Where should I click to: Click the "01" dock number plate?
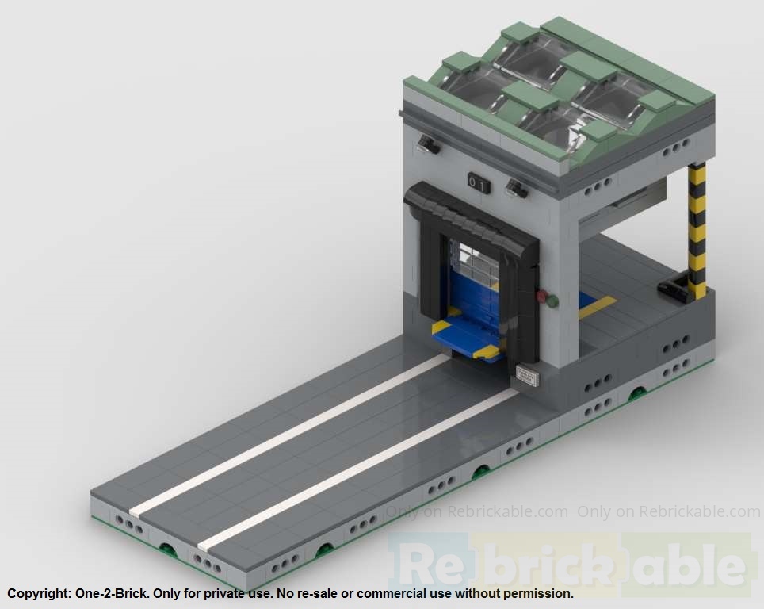point(478,183)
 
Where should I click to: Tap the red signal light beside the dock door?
point(542,297)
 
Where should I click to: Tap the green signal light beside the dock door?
point(552,301)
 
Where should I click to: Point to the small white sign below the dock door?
point(527,375)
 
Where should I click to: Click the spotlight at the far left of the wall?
point(428,144)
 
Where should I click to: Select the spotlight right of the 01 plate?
point(517,189)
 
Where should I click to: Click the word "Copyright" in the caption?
point(38,593)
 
